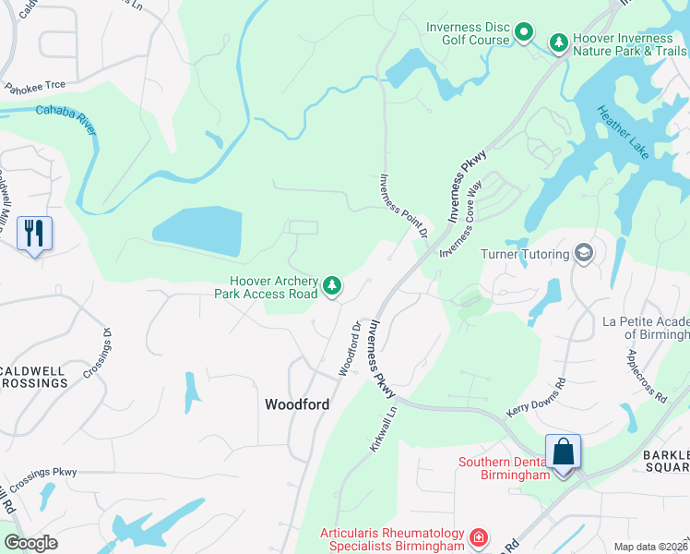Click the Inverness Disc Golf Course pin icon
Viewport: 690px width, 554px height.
pyautogui.click(x=524, y=34)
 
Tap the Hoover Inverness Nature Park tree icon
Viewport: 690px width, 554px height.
pyautogui.click(x=558, y=42)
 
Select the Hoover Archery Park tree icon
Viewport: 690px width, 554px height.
pyautogui.click(x=331, y=287)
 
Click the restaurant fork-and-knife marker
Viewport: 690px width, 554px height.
pyautogui.click(x=34, y=233)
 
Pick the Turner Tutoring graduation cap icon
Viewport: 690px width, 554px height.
pyautogui.click(x=583, y=252)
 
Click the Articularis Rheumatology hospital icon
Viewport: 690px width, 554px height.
pyautogui.click(x=478, y=536)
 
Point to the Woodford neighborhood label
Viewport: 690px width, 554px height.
pyautogui.click(x=296, y=404)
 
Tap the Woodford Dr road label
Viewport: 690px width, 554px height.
pyautogui.click(x=348, y=348)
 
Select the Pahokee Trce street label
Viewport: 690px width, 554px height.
pyautogui.click(x=34, y=86)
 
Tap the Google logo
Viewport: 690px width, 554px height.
pyautogui.click(x=30, y=542)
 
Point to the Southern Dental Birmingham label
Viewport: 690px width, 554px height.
pyautogui.click(x=504, y=468)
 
